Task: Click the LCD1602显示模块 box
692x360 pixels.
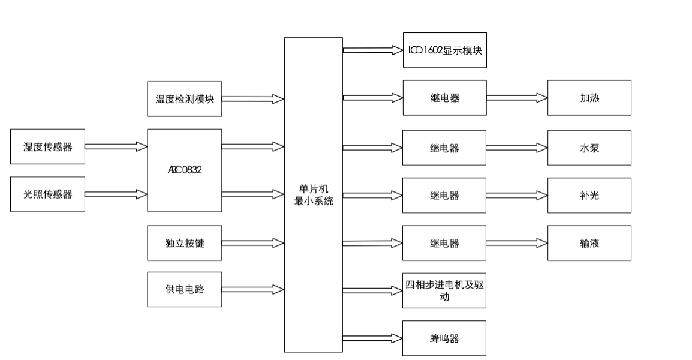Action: (x=444, y=50)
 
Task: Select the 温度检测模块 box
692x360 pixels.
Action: (x=185, y=99)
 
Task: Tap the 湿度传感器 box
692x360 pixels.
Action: (x=47, y=146)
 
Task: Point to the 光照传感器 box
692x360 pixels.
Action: (x=47, y=194)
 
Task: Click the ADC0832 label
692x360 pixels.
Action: (x=185, y=170)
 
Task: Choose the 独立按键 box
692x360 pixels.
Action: (x=185, y=243)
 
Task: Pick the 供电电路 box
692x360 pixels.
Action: (x=185, y=289)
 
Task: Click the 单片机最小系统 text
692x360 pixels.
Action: (x=314, y=196)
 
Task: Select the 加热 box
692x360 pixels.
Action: (x=589, y=98)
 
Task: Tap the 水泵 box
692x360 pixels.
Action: (x=589, y=148)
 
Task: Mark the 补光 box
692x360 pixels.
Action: (x=589, y=195)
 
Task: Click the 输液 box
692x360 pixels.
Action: (x=589, y=243)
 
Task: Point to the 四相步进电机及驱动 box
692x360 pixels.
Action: (x=444, y=291)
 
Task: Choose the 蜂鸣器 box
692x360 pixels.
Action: (x=444, y=338)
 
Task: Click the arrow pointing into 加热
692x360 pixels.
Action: (x=516, y=98)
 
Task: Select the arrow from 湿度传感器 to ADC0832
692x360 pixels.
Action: (x=116, y=146)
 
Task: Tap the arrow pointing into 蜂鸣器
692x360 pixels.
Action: (x=372, y=338)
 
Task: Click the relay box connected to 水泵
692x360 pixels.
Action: (x=444, y=148)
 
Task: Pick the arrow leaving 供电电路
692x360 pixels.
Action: (x=252, y=289)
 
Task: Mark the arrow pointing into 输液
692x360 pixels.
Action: (x=516, y=243)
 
